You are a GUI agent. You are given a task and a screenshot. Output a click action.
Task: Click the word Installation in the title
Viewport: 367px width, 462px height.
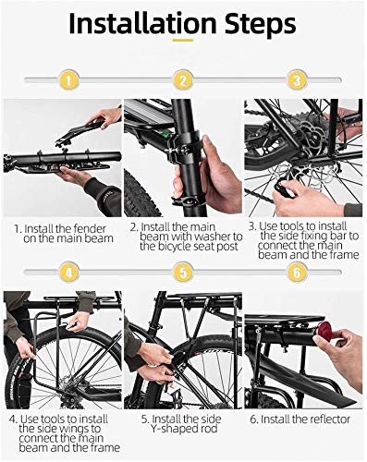142,23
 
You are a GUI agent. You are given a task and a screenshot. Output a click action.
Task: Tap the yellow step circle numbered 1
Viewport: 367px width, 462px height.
68,80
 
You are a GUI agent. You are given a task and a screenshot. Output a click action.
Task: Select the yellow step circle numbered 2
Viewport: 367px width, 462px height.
183,80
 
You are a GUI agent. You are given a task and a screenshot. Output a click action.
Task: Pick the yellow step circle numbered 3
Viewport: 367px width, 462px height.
297,80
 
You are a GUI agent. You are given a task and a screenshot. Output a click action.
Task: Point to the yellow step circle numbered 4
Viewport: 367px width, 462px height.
68,273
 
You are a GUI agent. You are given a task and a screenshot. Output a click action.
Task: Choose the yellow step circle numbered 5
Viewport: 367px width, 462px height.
183,273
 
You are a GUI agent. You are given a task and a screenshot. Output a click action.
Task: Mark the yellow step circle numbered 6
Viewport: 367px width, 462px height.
297,273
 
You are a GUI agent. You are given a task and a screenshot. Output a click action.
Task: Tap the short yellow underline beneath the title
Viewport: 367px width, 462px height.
183,40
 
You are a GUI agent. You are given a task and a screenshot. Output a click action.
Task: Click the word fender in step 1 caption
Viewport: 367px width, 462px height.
90,229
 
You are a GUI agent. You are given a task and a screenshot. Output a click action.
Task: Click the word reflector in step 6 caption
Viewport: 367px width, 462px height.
326,419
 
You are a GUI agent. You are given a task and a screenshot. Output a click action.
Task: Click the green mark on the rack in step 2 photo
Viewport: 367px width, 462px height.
165,135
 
